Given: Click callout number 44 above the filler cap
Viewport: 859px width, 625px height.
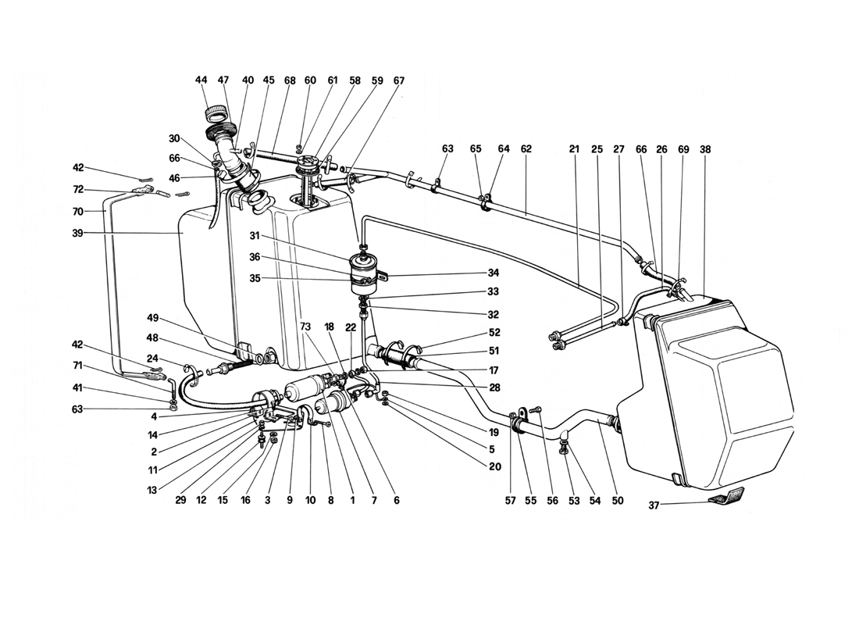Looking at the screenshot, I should click(201, 80).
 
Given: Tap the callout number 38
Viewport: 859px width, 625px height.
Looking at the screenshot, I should click(706, 148).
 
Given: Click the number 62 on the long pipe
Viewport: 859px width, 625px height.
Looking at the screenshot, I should click(526, 148).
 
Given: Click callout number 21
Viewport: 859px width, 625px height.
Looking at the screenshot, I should click(575, 148).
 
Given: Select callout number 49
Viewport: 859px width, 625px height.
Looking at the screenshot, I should click(153, 317).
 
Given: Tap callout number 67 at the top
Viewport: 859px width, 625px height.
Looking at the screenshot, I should click(399, 80).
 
